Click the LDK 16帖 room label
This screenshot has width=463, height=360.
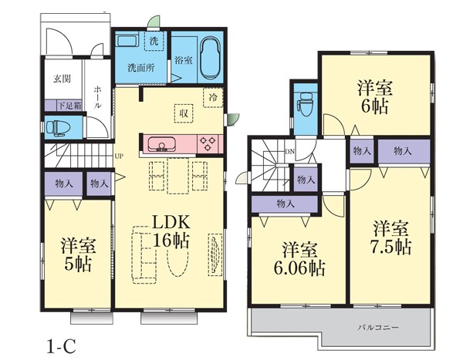pos(171,232)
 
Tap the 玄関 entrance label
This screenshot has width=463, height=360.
pos(62,79)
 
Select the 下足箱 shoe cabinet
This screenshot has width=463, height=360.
pos(63,106)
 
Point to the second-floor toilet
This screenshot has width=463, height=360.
pos(306,104)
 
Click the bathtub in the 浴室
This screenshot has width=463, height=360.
pos(211,59)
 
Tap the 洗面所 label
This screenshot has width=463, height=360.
pos(141,68)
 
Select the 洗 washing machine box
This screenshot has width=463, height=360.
pos(154,42)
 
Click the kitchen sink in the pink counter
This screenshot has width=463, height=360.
pos(162,144)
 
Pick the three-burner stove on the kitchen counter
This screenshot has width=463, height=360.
pos(208,143)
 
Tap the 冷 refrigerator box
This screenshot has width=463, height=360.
pos(213,97)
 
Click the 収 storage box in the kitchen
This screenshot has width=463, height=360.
pos(184,113)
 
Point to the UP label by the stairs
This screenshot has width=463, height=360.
pos(119,156)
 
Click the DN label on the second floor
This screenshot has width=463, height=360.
pos(289,152)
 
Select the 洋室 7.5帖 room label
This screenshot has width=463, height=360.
pos(391,237)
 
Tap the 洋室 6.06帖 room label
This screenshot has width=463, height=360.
pos(299,259)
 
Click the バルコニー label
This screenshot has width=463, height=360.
pos(379,328)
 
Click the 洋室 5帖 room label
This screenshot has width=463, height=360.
pos(78,255)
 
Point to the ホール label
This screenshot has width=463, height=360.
pos(97,97)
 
